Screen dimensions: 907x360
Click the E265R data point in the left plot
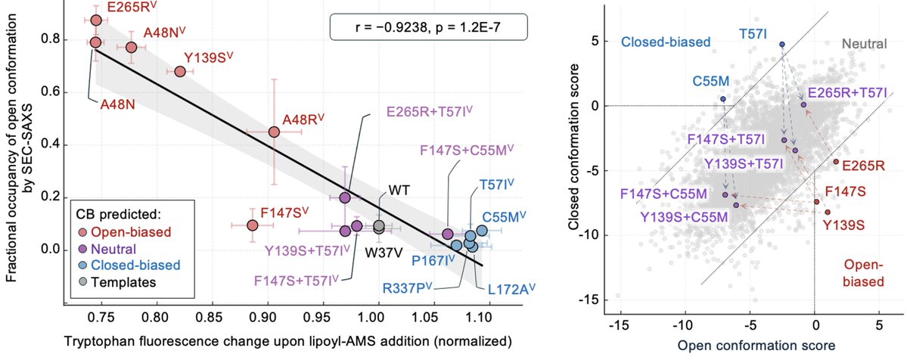[x=96, y=20]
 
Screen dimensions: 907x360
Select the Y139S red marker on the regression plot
[x=179, y=71]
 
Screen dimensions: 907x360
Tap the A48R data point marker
[x=274, y=132]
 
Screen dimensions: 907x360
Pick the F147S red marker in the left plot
[x=252, y=225]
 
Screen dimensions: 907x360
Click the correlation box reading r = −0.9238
[x=429, y=27]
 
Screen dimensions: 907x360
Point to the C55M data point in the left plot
[x=482, y=231]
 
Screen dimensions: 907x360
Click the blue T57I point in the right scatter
[x=782, y=44]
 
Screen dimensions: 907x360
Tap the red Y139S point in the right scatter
[x=827, y=212]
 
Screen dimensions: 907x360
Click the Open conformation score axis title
[x=753, y=346]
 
